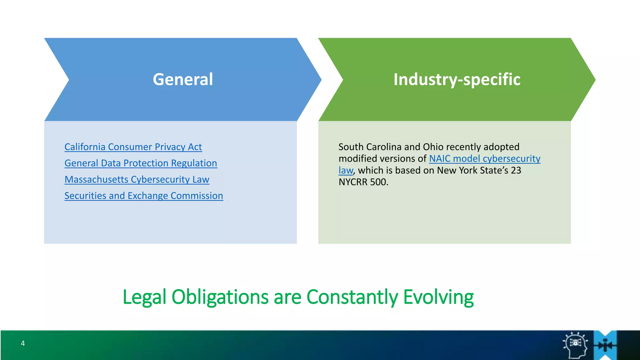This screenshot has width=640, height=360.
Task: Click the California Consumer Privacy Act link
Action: pos(133,147)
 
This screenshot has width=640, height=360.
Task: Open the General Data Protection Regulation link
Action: pos(141,163)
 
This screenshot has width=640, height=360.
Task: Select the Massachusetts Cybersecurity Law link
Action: pos(137,179)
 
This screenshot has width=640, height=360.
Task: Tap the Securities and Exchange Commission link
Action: pos(144,196)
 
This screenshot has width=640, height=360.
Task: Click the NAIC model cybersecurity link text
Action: pos(484,159)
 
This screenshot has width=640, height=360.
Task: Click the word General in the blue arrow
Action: pos(183,79)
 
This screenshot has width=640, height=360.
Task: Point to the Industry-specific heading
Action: pos(457,79)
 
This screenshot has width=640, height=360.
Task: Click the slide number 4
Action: pos(23,343)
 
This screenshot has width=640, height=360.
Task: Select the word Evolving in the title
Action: pos(438,297)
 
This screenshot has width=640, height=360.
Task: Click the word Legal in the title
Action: pos(144,297)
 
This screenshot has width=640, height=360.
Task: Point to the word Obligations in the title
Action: pos(220,297)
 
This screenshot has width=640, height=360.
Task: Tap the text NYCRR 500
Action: pos(363,182)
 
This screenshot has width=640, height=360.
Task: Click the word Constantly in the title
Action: pos(352,297)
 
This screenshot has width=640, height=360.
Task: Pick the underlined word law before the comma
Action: pos(346,171)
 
